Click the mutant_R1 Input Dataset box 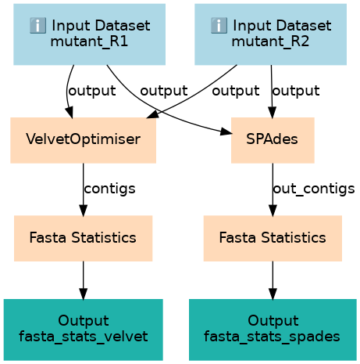[89, 34]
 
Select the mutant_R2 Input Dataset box [270, 34]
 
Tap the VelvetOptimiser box [83, 140]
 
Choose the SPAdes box [273, 140]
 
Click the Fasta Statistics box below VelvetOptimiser [83, 238]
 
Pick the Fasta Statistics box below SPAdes [273, 238]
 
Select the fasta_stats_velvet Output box [83, 330]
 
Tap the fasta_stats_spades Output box [273, 330]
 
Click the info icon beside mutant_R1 [37, 26]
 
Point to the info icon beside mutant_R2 [219, 26]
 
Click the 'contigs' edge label [109, 189]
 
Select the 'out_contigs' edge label [314, 189]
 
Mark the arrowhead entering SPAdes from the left [226, 132]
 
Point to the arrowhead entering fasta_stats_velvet [83, 294]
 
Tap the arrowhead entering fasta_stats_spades [273, 294]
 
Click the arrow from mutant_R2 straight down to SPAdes [272, 92]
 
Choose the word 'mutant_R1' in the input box [89, 41]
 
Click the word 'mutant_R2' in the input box [270, 41]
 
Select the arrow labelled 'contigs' [83, 189]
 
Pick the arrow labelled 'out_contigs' [273, 189]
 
